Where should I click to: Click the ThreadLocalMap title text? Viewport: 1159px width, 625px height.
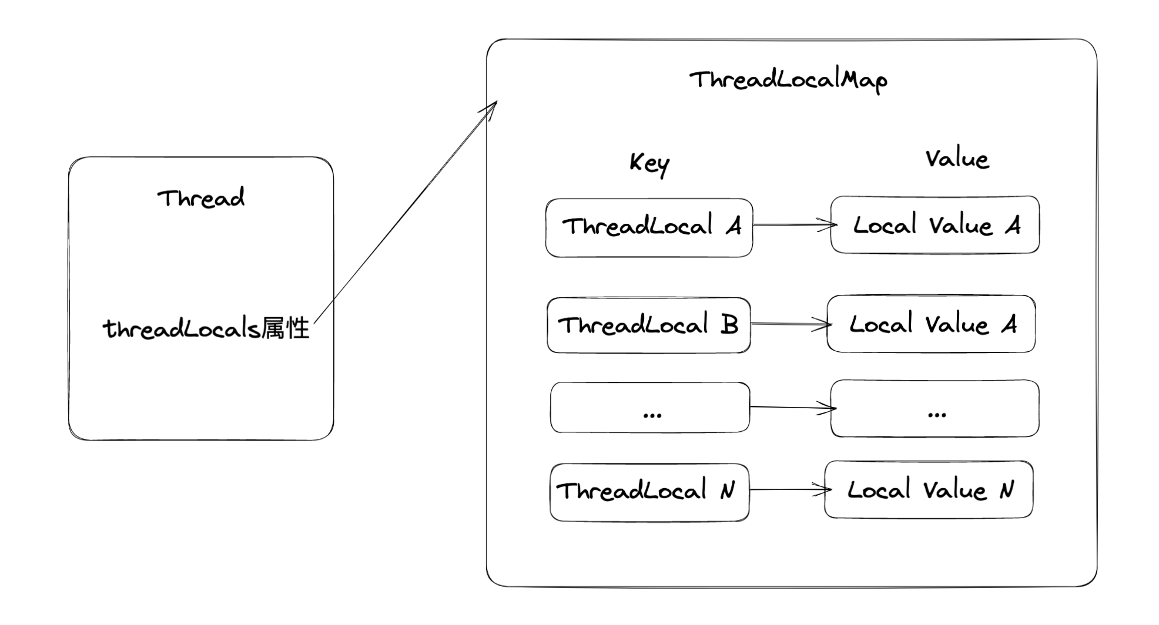point(788,80)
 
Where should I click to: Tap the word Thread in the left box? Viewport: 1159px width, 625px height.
point(201,199)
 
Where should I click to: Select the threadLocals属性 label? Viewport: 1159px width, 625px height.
point(206,328)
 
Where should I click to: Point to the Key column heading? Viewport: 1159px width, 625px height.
point(649,163)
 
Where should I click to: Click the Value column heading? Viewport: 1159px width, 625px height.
point(957,159)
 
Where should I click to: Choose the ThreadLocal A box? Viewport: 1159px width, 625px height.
point(649,227)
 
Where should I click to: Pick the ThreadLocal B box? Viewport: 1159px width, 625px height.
point(648,325)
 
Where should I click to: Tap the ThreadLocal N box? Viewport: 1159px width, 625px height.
point(649,492)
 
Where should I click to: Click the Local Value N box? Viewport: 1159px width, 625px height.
point(929,489)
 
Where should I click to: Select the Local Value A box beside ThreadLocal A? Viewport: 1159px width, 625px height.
point(934,225)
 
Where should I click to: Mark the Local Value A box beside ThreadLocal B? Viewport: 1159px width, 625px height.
point(931,324)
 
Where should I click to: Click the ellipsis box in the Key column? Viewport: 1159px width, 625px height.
point(650,408)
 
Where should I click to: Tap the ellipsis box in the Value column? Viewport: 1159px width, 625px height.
point(934,408)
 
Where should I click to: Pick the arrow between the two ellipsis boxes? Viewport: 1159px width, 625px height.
point(790,407)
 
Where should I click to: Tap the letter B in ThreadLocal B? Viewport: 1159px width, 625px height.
point(729,324)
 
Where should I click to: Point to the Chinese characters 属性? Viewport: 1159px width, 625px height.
point(286,328)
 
